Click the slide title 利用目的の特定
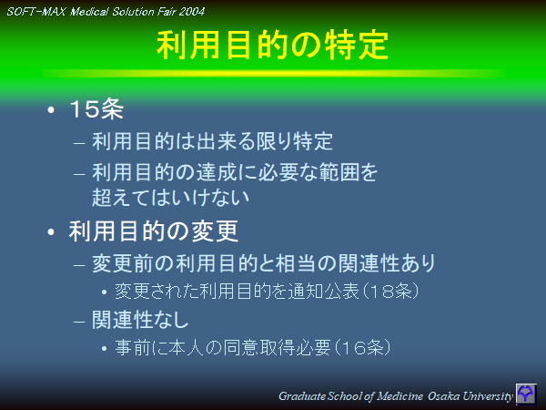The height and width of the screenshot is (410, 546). click(273, 45)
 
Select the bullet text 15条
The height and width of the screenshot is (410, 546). click(96, 110)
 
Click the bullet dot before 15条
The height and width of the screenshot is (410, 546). click(52, 111)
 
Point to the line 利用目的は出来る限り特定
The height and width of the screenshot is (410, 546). click(212, 142)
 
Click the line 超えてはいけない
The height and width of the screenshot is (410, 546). click(170, 195)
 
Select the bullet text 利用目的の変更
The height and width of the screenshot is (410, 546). click(154, 231)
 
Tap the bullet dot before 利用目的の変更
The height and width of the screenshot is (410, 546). click(52, 231)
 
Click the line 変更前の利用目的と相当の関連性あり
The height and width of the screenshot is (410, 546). click(263, 264)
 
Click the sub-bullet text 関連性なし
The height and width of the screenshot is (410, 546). click(140, 320)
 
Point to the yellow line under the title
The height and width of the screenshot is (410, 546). click(273, 73)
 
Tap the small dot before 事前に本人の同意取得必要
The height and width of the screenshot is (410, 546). click(106, 348)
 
